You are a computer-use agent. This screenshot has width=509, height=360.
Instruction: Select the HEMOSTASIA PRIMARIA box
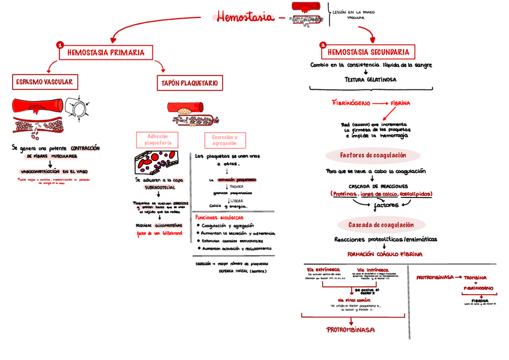point(106,53)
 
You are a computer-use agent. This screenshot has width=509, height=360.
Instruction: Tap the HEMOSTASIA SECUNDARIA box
point(369,52)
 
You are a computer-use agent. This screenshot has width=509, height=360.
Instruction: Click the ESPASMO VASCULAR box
point(44,82)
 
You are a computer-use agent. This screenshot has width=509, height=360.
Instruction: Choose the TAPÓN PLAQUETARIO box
point(189,82)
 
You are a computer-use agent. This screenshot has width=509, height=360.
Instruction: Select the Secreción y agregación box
point(224,140)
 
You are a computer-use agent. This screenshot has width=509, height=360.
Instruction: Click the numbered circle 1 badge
point(59,45)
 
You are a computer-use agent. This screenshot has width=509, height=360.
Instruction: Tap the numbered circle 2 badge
point(323,45)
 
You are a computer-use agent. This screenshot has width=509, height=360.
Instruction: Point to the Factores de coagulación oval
point(373,155)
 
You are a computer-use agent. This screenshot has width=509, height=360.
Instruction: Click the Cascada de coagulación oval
point(373,225)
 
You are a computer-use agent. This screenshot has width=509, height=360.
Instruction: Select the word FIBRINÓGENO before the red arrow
point(351,103)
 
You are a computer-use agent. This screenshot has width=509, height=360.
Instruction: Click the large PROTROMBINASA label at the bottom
point(351,329)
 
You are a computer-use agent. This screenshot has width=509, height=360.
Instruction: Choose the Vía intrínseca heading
point(373,269)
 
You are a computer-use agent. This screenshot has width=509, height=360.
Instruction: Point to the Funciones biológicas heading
point(219,217)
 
